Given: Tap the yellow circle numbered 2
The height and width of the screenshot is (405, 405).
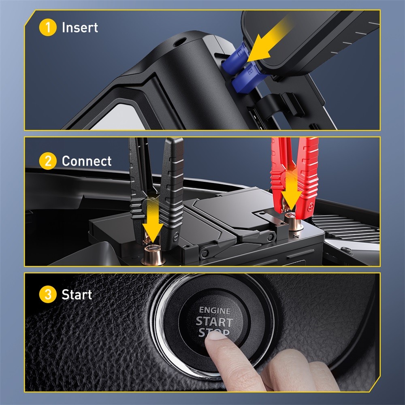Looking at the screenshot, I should click(x=48, y=161).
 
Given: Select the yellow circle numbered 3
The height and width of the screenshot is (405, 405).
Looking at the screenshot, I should click(x=48, y=294).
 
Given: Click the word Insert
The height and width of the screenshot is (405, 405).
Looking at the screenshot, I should click(x=80, y=28).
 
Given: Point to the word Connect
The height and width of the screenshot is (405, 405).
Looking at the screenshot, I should click(x=86, y=161).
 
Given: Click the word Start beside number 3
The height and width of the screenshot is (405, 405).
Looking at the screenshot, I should click(x=77, y=294).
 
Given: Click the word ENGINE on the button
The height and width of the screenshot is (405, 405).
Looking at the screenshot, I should click(x=215, y=311).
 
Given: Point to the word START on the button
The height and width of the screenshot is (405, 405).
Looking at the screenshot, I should click(x=215, y=322).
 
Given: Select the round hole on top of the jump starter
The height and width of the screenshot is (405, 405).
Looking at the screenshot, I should click(x=179, y=41).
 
